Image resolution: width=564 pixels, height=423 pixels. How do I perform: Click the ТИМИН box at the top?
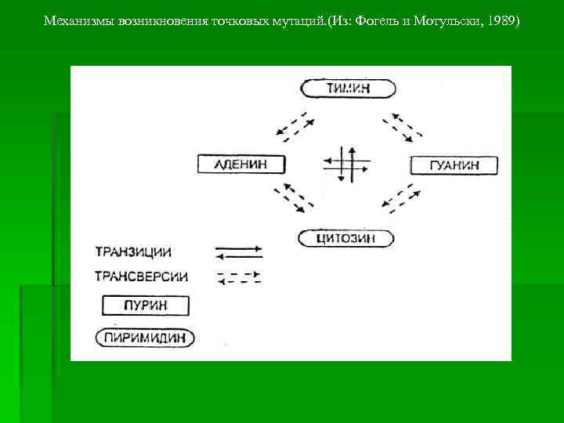click(x=348, y=89)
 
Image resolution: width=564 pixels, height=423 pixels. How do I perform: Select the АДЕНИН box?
click(x=241, y=164)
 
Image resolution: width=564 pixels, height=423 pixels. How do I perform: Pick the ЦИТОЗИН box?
click(x=346, y=238)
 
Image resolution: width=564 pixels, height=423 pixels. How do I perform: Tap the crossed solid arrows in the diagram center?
click(x=345, y=164)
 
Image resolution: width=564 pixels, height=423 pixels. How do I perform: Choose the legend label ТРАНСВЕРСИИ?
click(x=141, y=277)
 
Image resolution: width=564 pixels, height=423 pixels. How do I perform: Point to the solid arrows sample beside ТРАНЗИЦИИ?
click(x=239, y=252)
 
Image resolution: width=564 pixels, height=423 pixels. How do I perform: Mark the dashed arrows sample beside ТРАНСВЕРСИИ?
click(x=239, y=277)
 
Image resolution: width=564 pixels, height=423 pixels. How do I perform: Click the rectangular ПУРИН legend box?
click(x=146, y=305)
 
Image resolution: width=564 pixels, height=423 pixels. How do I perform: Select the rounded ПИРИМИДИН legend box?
click(x=145, y=338)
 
